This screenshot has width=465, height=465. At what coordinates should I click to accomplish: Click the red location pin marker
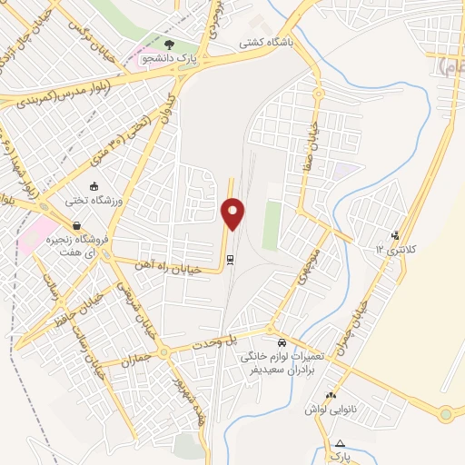click(232, 213)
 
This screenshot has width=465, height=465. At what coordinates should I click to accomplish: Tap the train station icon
click(232, 260)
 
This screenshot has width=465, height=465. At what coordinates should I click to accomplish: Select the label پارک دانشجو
click(169, 59)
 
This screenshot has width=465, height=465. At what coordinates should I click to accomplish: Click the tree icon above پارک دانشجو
click(168, 44)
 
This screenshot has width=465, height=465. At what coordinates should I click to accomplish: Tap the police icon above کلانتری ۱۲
click(394, 234)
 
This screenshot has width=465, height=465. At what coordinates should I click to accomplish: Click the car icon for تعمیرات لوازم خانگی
click(282, 343)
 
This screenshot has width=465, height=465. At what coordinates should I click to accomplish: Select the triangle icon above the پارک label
click(340, 442)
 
